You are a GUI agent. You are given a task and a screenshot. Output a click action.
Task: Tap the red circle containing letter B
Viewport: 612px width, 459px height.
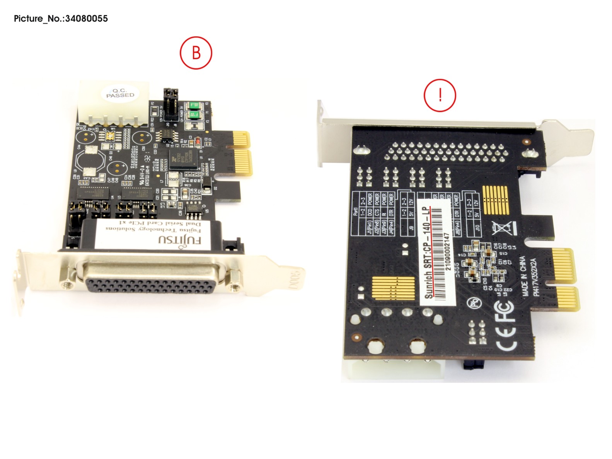pos(196,53)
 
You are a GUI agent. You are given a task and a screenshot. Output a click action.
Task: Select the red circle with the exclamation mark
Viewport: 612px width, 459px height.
pos(440,95)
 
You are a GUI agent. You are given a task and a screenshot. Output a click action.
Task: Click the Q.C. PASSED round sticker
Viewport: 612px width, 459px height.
pos(120,93)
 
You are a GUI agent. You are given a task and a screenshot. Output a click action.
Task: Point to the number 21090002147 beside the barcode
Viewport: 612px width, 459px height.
pos(447,252)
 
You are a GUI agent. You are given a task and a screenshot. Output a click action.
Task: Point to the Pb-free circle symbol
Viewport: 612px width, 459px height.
pos(474,302)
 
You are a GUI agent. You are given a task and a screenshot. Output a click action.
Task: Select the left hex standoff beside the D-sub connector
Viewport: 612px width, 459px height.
pos(65,285)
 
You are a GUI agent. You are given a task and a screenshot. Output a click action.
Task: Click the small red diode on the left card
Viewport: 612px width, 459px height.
pos(198,142)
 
